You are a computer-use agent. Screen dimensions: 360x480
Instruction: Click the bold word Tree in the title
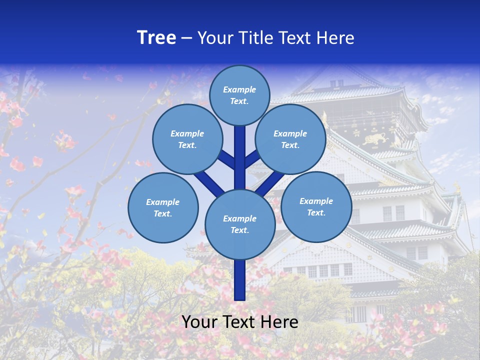tap(156, 37)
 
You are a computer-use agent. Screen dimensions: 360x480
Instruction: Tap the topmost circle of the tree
tap(239, 95)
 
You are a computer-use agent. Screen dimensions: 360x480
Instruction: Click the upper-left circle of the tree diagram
tap(187, 139)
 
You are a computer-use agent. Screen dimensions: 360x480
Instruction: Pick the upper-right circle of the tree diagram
tap(290, 139)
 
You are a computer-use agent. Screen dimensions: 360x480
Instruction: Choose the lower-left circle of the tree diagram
tap(163, 207)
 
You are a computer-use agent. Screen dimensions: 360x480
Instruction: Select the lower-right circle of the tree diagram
tap(316, 206)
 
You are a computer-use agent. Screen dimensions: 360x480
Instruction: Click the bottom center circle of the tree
tap(239, 224)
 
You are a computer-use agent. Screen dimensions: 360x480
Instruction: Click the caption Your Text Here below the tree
tap(239, 322)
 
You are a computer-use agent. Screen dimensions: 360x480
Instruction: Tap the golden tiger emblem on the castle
tap(375, 138)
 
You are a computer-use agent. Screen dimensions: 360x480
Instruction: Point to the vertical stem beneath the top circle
tap(240, 150)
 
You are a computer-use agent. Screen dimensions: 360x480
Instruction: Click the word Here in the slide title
tap(335, 37)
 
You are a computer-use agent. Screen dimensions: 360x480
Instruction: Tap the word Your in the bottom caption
tap(199, 322)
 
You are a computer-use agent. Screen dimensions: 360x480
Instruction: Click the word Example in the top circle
tap(239, 89)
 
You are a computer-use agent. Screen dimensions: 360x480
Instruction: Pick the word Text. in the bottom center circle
tap(239, 230)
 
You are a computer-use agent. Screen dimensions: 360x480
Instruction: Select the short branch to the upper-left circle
tap(226, 160)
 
